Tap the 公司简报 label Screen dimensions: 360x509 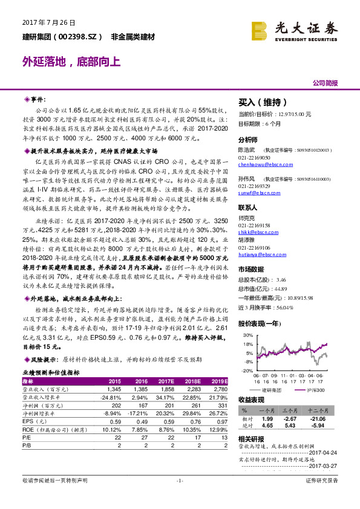325,82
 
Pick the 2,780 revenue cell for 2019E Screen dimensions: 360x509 219,390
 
